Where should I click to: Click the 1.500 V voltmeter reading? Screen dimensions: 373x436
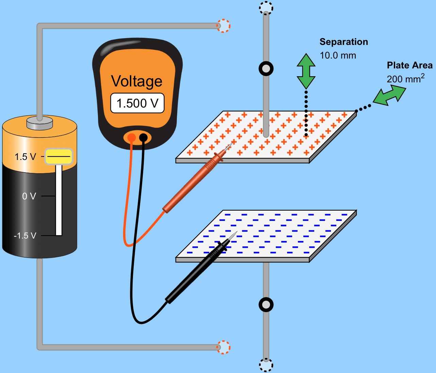point(137,103)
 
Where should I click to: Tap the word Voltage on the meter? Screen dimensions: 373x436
point(137,81)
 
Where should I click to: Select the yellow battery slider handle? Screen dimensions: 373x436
point(58,157)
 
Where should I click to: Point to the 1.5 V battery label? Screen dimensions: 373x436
point(25,157)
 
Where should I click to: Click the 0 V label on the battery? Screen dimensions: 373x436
point(29,196)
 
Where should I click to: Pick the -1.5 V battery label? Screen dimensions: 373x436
point(25,236)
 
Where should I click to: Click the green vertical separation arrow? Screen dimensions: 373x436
point(306,71)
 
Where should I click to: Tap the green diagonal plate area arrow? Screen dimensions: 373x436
point(390,95)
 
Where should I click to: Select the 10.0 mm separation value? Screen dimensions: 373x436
point(338,55)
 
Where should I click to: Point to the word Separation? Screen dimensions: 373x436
point(343,42)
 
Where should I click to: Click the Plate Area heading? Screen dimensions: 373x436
point(409,65)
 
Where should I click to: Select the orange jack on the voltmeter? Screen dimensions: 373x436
point(131,138)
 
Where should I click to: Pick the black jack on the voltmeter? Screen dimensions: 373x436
point(144,138)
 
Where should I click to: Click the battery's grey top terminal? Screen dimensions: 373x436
point(40,123)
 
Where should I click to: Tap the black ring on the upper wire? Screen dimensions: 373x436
point(266,69)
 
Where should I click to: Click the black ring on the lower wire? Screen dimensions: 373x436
point(266,305)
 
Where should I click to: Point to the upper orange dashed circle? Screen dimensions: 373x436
point(223,26)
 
